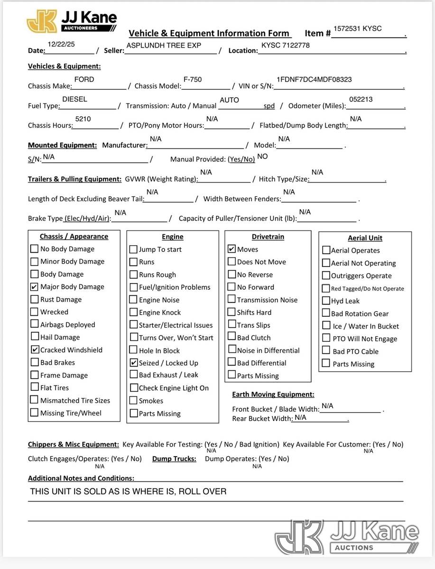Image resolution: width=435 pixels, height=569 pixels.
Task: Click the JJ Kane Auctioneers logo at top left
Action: pos(71,21)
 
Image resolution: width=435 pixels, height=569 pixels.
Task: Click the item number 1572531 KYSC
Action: pos(358,28)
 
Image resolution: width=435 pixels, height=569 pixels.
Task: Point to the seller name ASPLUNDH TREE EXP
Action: pos(164,45)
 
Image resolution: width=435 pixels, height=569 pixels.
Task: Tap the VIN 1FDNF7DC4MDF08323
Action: pos(314,79)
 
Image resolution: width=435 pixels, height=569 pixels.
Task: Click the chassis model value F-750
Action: pos(193,79)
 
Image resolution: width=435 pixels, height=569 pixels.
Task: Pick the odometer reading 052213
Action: pos(361,99)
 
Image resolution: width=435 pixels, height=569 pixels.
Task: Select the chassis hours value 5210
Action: pos(83,119)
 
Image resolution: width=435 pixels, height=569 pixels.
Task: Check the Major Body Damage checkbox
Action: pos(34,287)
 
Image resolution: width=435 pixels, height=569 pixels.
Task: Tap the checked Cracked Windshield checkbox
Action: pos(35,350)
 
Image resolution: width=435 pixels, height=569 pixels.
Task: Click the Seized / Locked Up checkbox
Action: pos(134,363)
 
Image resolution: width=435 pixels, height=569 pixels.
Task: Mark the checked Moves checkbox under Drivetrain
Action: pos(231,249)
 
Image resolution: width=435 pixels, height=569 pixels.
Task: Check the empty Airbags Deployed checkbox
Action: pos(34,324)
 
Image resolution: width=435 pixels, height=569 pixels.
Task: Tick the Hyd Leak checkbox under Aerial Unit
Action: pos(326,301)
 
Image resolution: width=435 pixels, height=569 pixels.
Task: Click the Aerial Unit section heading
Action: pos(365,238)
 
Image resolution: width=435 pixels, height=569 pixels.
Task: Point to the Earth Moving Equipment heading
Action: pos(273,395)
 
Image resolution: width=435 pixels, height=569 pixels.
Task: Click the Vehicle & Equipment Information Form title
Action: pos(209,33)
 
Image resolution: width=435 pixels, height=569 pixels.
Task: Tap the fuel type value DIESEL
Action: pos(74,99)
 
